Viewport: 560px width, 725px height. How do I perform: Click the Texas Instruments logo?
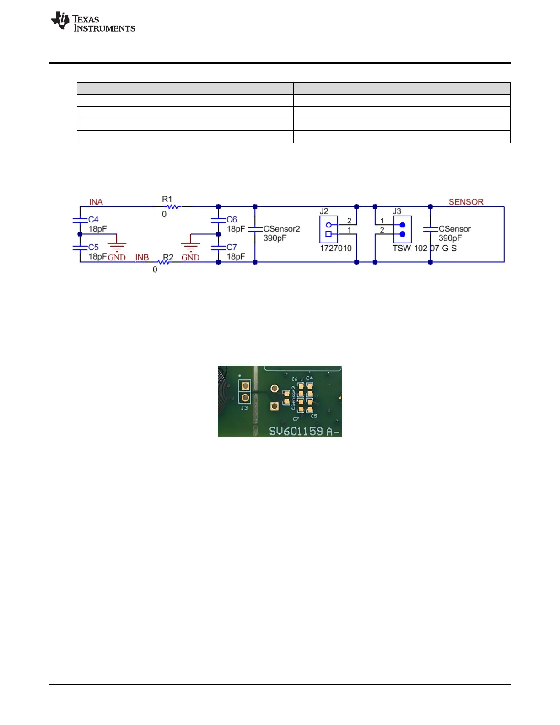pos(93,22)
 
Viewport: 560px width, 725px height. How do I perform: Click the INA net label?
pos(96,202)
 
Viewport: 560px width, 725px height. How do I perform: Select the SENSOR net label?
pos(466,202)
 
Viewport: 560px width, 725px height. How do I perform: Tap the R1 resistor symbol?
pos(172,207)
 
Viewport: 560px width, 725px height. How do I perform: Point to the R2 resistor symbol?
pos(163,262)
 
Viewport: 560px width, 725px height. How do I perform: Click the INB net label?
pos(142,257)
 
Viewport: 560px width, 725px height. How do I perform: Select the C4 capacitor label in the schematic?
pos(93,220)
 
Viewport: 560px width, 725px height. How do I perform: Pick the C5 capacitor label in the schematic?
pos(93,247)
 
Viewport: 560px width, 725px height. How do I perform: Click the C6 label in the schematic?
pos(232,220)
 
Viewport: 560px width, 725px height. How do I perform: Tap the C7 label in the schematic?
pos(232,247)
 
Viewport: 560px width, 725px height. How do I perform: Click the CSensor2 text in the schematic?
pos(281,229)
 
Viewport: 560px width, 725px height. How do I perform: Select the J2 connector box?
pos(328,229)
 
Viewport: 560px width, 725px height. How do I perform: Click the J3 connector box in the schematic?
pos(402,229)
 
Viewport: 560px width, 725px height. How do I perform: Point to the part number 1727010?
pos(335,249)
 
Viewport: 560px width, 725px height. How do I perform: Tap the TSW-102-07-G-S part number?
pos(424,249)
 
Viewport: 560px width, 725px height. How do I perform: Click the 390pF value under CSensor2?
pos(275,238)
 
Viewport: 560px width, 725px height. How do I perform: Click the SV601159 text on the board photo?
pos(296,431)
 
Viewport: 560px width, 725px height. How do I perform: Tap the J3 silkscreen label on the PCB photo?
pos(244,407)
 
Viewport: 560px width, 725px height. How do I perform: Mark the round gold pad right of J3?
pos(275,389)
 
